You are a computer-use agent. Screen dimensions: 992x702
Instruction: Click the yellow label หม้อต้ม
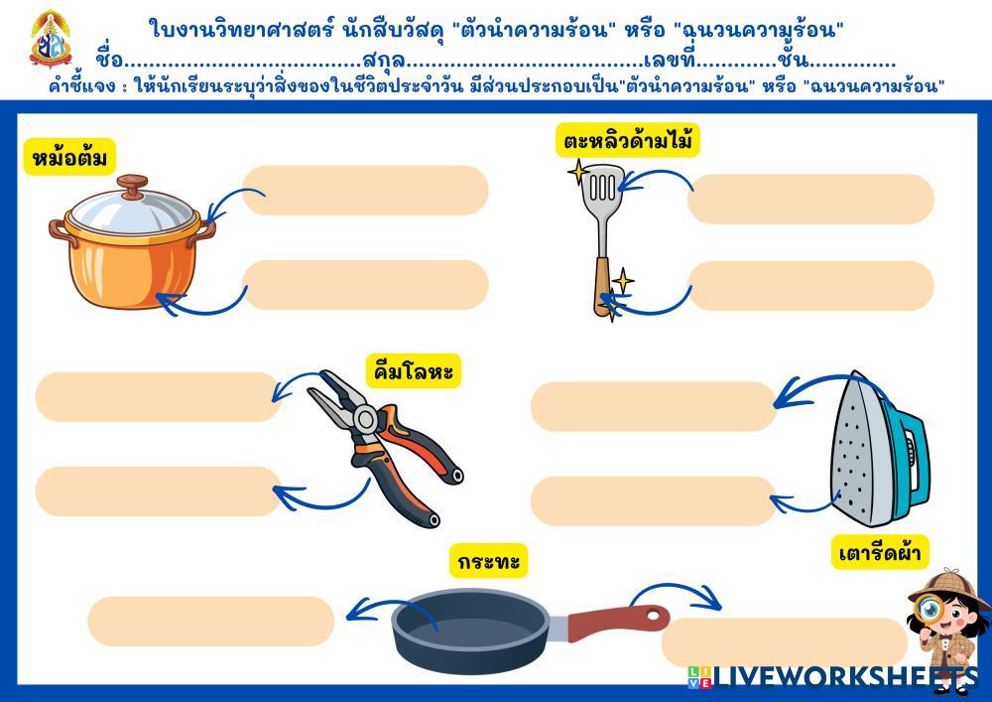click(68, 157)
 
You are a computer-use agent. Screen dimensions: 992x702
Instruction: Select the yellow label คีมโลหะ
click(414, 371)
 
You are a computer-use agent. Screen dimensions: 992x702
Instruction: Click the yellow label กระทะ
click(488, 562)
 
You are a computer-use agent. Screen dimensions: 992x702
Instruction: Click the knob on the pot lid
click(131, 186)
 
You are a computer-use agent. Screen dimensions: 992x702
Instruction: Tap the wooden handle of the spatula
click(603, 286)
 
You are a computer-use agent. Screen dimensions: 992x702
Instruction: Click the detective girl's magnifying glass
click(930, 608)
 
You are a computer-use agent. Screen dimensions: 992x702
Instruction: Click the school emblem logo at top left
click(50, 39)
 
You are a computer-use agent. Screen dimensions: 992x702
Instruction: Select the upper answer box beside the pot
click(365, 191)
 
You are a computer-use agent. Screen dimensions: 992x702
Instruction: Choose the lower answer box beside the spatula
click(810, 286)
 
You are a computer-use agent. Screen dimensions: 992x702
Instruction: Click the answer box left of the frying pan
click(211, 622)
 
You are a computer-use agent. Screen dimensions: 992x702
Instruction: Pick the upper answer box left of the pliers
click(159, 397)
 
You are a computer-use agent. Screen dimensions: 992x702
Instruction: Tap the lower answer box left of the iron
click(653, 500)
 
